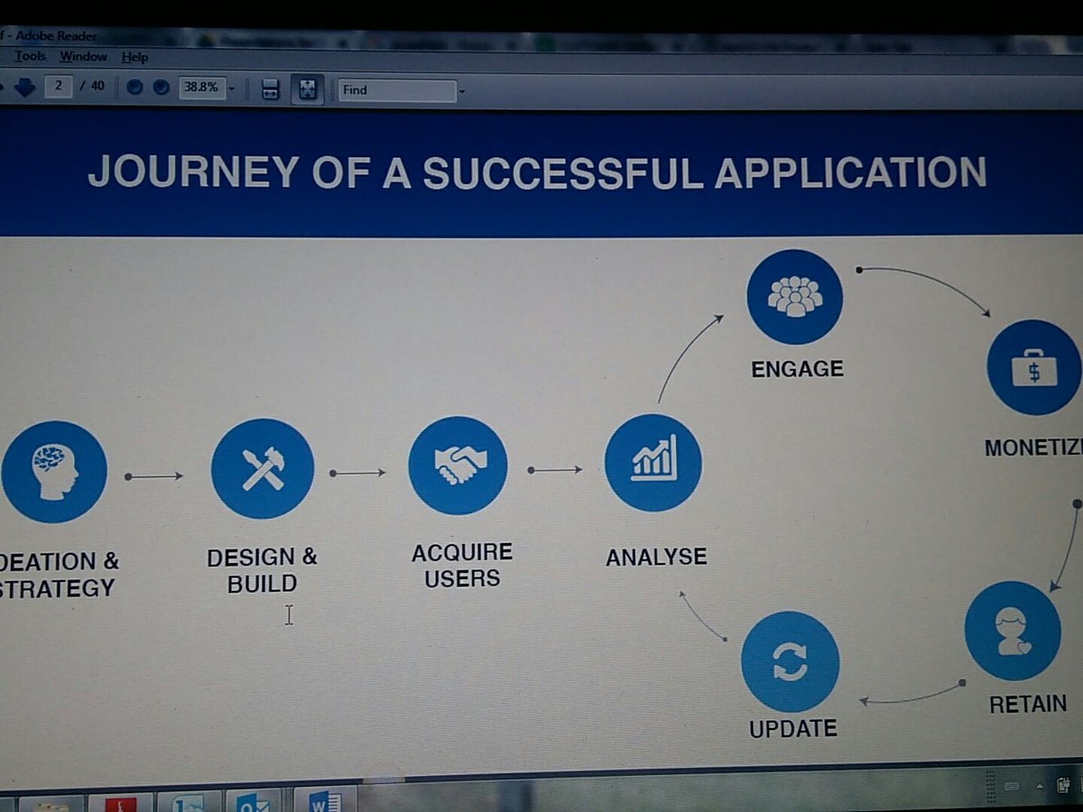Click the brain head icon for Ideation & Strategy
pyautogui.click(x=54, y=472)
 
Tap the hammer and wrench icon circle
pyautogui.click(x=263, y=469)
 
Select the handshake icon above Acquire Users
pyautogui.click(x=458, y=466)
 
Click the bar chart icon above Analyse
pyautogui.click(x=653, y=463)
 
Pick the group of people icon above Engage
pyautogui.click(x=795, y=297)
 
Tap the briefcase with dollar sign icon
pyautogui.click(x=1033, y=367)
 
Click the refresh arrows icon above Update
pyautogui.click(x=790, y=663)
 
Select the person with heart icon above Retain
pyautogui.click(x=1013, y=631)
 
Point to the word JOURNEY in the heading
pyautogui.click(x=193, y=171)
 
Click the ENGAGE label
pyautogui.click(x=797, y=368)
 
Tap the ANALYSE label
pyautogui.click(x=656, y=558)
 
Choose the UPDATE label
pyautogui.click(x=793, y=728)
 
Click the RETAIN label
pyautogui.click(x=1028, y=704)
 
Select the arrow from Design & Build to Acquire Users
pyautogui.click(x=358, y=473)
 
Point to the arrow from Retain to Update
pyautogui.click(x=912, y=697)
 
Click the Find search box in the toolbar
pyautogui.click(x=397, y=90)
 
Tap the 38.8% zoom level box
pyautogui.click(x=201, y=88)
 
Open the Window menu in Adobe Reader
pyautogui.click(x=83, y=57)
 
